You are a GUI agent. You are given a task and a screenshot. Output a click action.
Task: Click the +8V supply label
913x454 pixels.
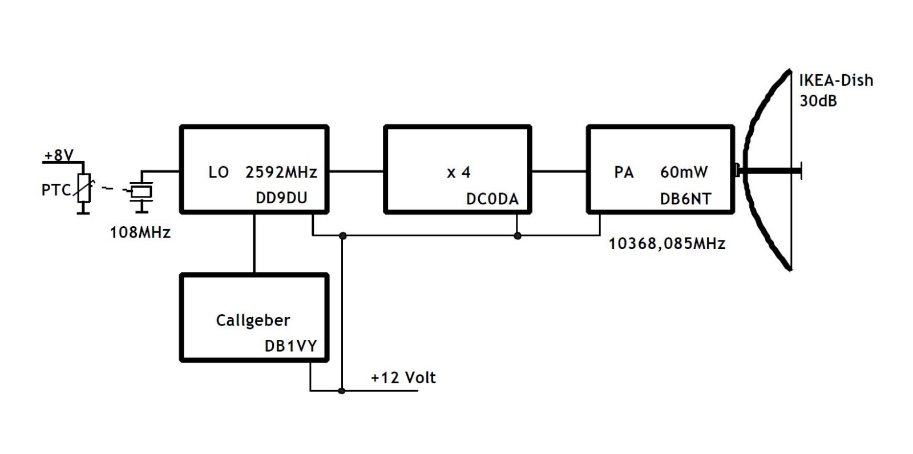(x=59, y=155)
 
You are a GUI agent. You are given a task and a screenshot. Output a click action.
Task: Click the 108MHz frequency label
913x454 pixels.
(x=140, y=232)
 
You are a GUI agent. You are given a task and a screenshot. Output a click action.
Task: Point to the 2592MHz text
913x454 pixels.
(x=281, y=172)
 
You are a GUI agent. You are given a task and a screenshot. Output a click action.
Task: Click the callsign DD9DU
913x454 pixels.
(x=281, y=198)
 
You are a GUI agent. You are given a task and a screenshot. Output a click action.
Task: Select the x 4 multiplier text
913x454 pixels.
(x=458, y=172)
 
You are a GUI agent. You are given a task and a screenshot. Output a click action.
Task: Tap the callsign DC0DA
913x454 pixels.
(x=492, y=199)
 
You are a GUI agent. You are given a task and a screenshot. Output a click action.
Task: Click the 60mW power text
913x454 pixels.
(x=684, y=172)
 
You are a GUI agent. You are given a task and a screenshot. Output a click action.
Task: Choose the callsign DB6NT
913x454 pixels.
(x=685, y=199)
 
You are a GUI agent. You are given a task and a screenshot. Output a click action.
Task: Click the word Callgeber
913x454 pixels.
(x=253, y=320)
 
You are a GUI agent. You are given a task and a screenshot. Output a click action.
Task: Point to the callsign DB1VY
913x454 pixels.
(x=290, y=346)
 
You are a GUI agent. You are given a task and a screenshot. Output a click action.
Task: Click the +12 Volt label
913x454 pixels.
(x=403, y=377)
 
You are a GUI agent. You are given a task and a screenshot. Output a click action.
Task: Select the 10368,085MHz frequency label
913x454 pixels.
(x=666, y=244)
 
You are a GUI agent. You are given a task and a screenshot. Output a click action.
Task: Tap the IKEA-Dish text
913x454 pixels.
(x=835, y=81)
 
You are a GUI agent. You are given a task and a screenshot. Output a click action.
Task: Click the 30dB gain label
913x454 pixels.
(x=818, y=101)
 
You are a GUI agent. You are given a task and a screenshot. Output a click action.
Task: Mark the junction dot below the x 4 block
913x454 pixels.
(x=518, y=235)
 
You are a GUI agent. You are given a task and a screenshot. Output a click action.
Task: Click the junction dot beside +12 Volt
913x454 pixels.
(x=342, y=391)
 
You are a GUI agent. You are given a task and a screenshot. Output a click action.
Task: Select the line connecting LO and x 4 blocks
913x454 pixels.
(x=357, y=171)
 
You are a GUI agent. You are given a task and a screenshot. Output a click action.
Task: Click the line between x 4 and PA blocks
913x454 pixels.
(x=559, y=171)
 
